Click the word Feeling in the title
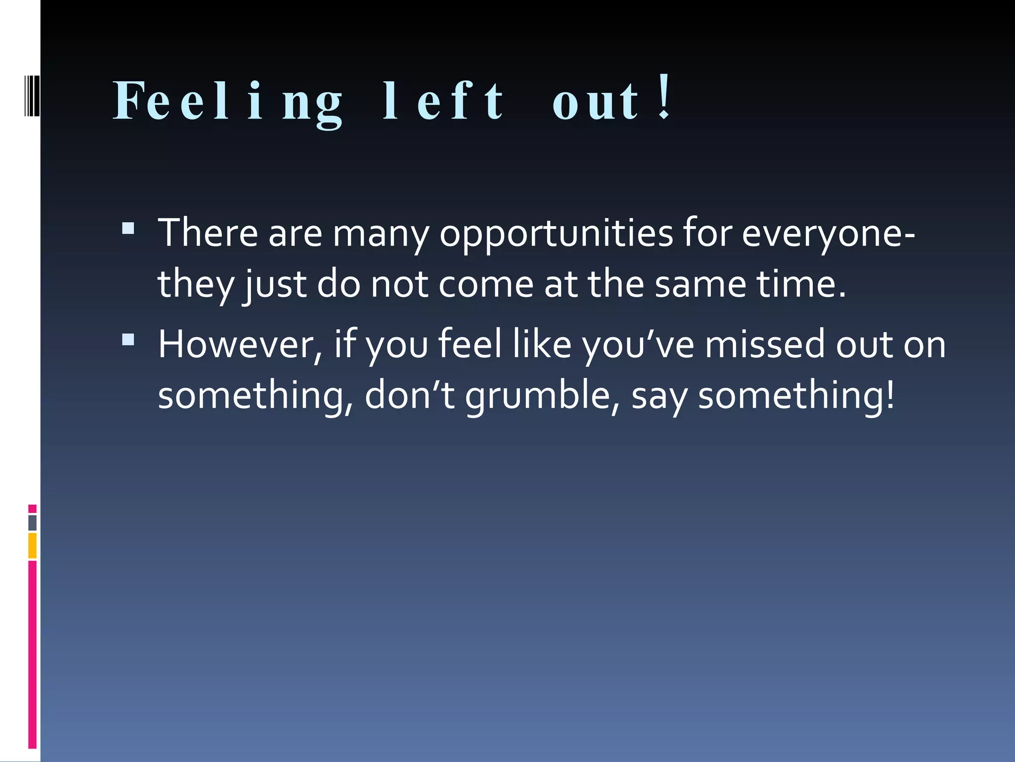228,102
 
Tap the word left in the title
444,102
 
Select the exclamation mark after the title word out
665,97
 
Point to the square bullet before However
128,339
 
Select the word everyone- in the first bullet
828,233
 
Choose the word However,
240,344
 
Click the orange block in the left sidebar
32,546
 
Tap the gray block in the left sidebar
32,523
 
